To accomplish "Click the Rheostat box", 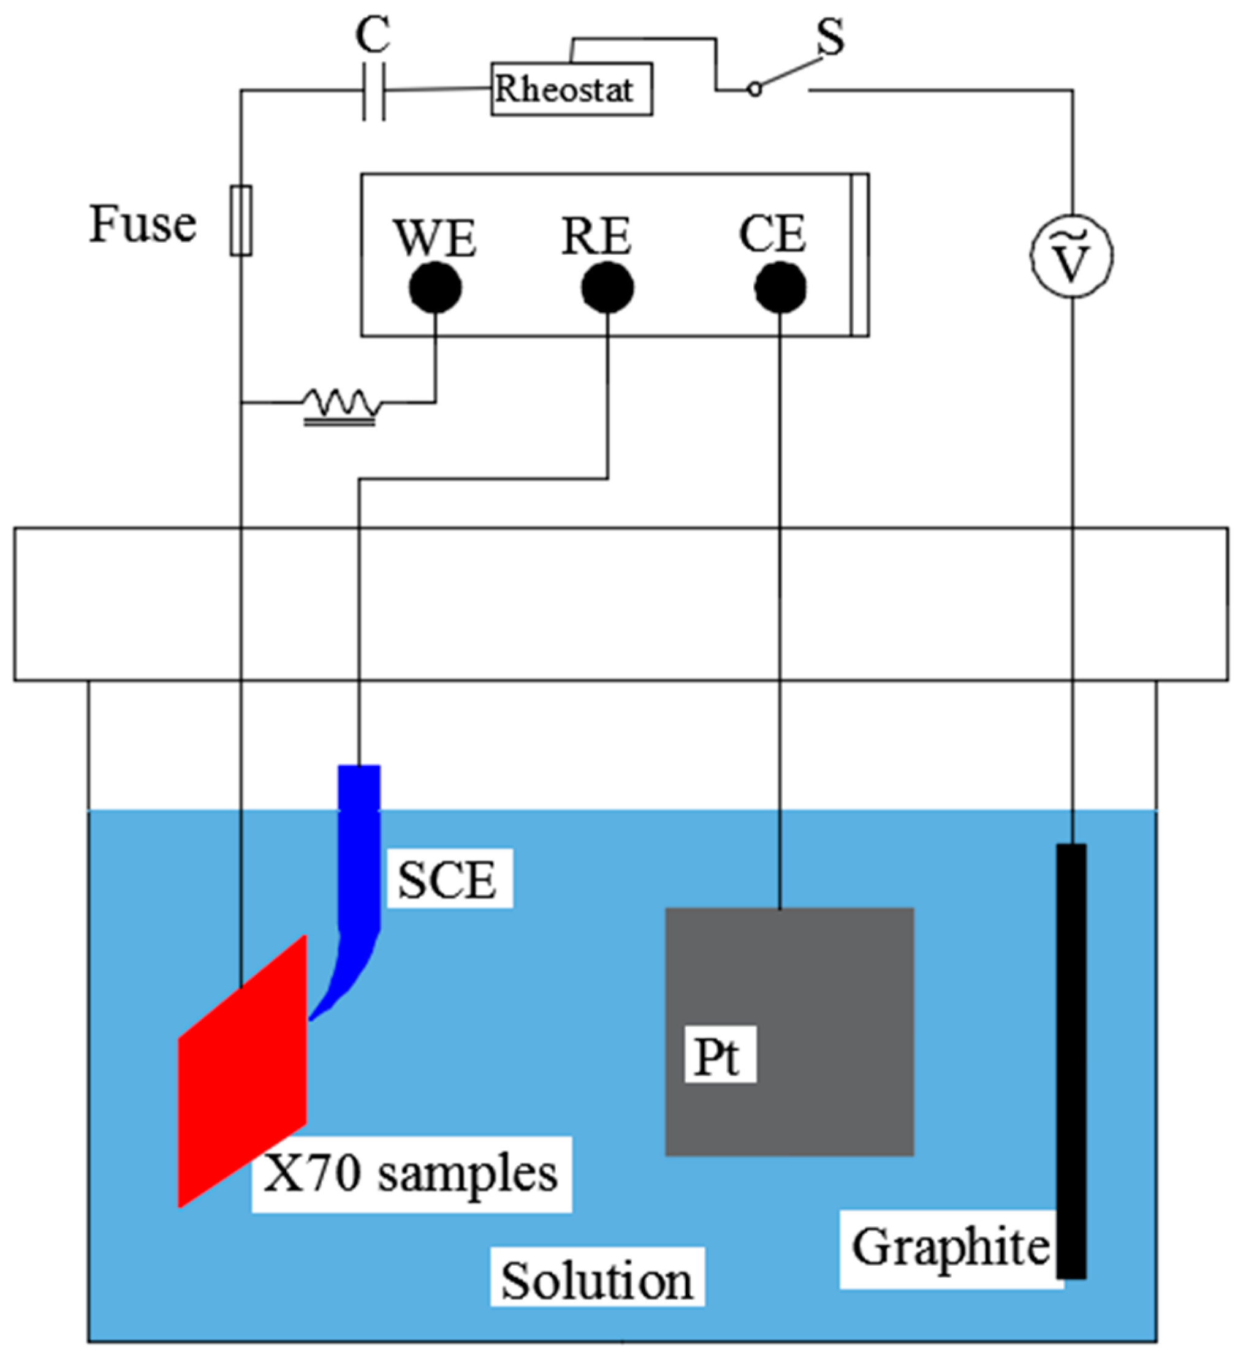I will coord(571,89).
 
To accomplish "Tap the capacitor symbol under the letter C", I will coord(374,92).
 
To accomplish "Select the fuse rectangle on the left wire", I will coord(241,221).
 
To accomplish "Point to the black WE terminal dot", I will coord(436,288).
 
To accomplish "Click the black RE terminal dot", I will coord(607,288).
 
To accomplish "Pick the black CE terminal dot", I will coord(780,288).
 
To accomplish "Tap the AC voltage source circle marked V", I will coord(1071,256).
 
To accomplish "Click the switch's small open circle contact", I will coord(755,89).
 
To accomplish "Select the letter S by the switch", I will coord(830,37).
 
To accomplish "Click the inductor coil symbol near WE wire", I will coord(341,404).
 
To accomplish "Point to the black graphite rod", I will coord(1071,1060).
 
